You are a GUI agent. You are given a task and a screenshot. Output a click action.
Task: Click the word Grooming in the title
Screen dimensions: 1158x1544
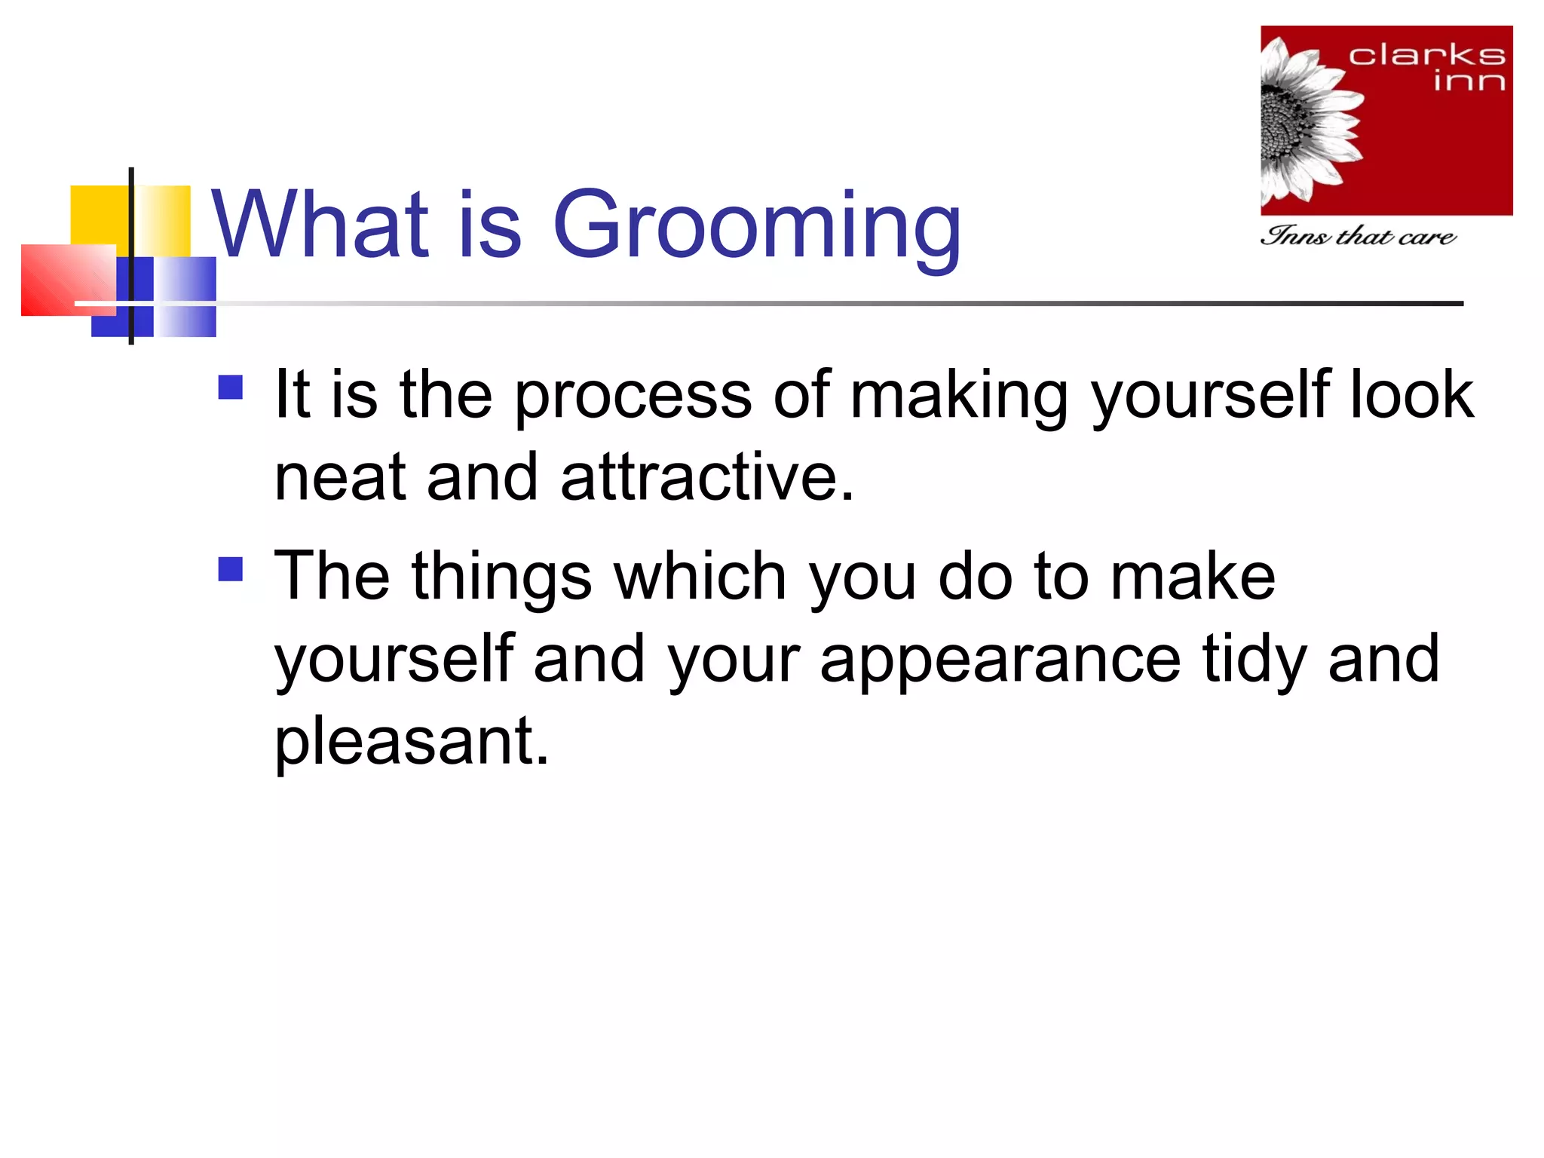tap(757, 226)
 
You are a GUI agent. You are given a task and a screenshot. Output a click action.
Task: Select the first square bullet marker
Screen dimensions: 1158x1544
tap(231, 388)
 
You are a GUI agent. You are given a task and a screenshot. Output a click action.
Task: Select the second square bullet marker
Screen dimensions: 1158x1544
tap(231, 569)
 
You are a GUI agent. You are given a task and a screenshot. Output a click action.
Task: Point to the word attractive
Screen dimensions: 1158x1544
tap(707, 478)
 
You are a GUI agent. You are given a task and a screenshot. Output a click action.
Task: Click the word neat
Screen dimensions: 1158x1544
tap(340, 478)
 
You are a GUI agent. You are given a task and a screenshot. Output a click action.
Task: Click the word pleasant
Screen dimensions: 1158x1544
tap(411, 743)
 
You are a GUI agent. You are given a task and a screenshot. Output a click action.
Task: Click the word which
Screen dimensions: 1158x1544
tap(700, 577)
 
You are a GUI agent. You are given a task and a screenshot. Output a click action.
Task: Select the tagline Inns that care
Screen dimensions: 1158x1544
tap(1357, 237)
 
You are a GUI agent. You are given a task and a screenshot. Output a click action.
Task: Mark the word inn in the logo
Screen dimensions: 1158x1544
tap(1469, 81)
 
